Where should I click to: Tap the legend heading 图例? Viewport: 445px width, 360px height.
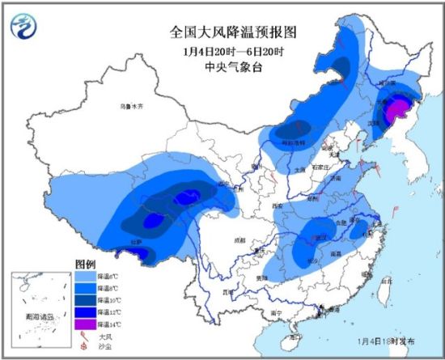[x=86, y=265]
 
